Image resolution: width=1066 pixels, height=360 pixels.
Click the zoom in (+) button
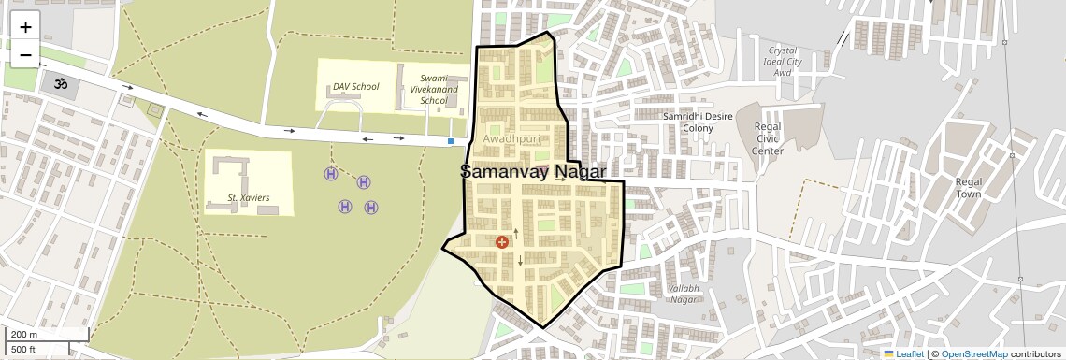(x=25, y=27)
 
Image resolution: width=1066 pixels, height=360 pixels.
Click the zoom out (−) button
(x=25, y=54)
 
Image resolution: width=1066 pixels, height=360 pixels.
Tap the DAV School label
(x=356, y=87)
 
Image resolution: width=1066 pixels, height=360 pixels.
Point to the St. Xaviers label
(x=249, y=198)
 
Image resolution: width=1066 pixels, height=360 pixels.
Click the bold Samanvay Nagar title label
(x=533, y=172)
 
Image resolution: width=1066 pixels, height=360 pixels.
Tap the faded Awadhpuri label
(x=512, y=139)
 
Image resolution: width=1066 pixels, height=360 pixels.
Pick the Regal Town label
(x=968, y=188)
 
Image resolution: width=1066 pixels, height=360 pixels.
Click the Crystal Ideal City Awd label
(x=783, y=61)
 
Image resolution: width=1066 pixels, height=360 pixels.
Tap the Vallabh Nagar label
(x=684, y=294)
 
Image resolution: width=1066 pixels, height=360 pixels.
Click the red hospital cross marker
(x=502, y=242)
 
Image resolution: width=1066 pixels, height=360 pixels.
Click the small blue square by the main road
(x=451, y=141)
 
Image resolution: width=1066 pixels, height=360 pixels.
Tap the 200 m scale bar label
(x=24, y=334)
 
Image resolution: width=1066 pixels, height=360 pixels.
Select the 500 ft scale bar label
(x=23, y=350)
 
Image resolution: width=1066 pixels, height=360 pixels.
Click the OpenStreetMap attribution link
(x=973, y=353)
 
